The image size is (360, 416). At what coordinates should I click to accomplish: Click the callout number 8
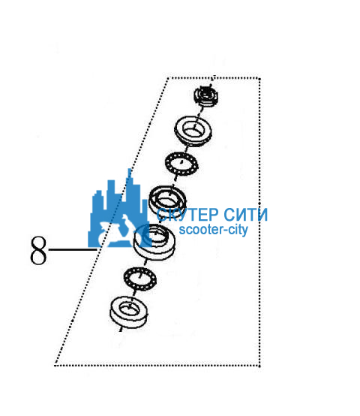click(38, 251)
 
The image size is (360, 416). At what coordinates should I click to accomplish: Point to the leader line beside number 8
click(72, 249)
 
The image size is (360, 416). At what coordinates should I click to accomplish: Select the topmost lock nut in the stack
click(206, 96)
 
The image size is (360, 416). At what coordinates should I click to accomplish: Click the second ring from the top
click(193, 131)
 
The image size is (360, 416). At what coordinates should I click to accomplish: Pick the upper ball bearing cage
click(181, 164)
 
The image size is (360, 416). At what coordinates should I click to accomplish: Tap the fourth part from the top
click(167, 200)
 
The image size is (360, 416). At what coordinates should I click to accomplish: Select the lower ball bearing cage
click(139, 279)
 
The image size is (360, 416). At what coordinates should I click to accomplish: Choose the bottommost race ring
click(128, 312)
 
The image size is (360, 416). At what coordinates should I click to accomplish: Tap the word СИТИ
click(245, 214)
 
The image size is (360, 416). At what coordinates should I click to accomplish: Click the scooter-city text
click(213, 230)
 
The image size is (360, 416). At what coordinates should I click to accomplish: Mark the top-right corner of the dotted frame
click(259, 79)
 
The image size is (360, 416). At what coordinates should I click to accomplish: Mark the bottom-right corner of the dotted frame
click(259, 366)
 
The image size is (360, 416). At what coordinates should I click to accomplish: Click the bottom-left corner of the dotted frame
click(55, 365)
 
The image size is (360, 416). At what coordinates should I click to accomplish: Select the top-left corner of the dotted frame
click(169, 78)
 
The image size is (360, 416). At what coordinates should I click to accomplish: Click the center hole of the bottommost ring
click(129, 308)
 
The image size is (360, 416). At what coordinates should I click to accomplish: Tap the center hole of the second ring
click(194, 129)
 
